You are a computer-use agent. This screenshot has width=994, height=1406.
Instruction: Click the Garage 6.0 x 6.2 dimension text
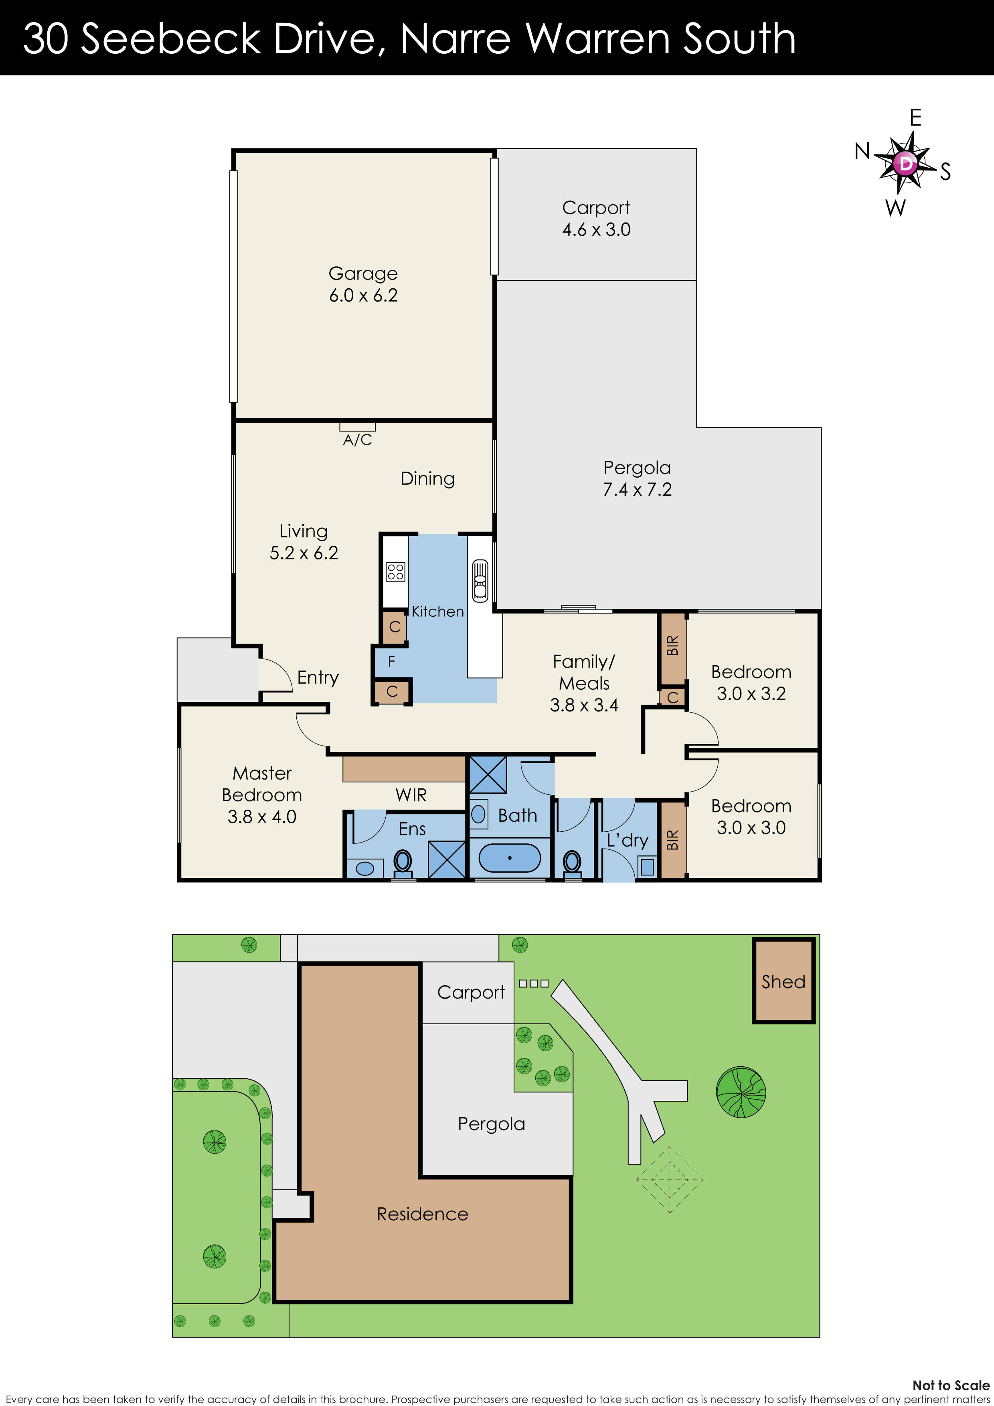coord(363,295)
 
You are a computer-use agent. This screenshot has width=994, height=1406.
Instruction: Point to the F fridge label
coord(391,661)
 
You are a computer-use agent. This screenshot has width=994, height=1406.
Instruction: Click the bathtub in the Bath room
coord(510,858)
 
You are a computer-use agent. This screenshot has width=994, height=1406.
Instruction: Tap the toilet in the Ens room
coord(403,862)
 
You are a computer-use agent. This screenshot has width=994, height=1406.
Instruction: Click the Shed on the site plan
coord(783,981)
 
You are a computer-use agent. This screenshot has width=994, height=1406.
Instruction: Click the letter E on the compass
coord(915,118)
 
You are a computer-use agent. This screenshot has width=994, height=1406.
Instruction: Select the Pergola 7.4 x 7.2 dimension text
coord(637,489)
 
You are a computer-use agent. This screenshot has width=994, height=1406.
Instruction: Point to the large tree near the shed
coord(741,1092)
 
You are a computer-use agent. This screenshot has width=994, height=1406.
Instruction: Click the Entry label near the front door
coord(317,677)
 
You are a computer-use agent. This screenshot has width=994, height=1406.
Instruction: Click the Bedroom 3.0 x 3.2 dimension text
coord(751,694)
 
